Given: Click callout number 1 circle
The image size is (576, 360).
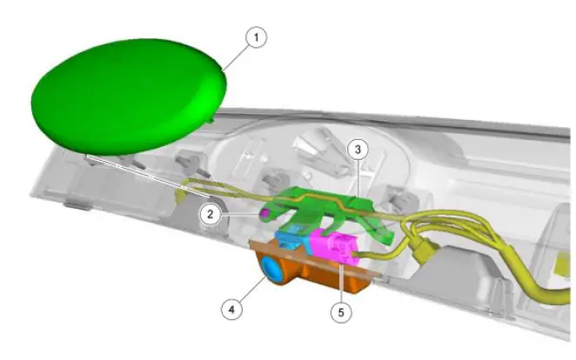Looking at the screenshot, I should click(x=256, y=37).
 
